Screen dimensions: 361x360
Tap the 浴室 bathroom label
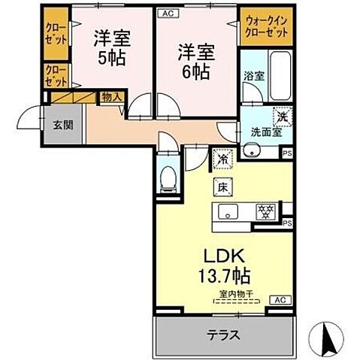coord(253,76)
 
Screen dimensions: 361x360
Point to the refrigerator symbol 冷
coord(222,159)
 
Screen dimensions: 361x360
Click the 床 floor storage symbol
coord(223,186)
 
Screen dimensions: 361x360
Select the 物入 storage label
coord(112,97)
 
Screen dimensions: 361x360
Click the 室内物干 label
coord(237,296)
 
